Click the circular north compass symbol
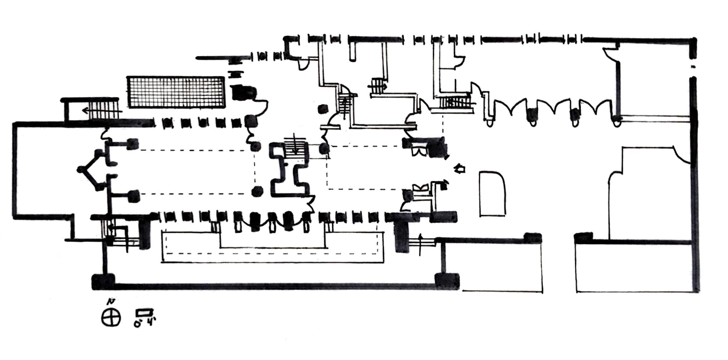[111, 317]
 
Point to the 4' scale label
[149, 321]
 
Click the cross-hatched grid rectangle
[176, 92]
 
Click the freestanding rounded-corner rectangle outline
[492, 194]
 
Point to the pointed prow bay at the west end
[91, 169]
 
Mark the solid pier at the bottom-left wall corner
[103, 281]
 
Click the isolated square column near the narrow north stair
[323, 109]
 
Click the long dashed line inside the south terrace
[271, 254]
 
